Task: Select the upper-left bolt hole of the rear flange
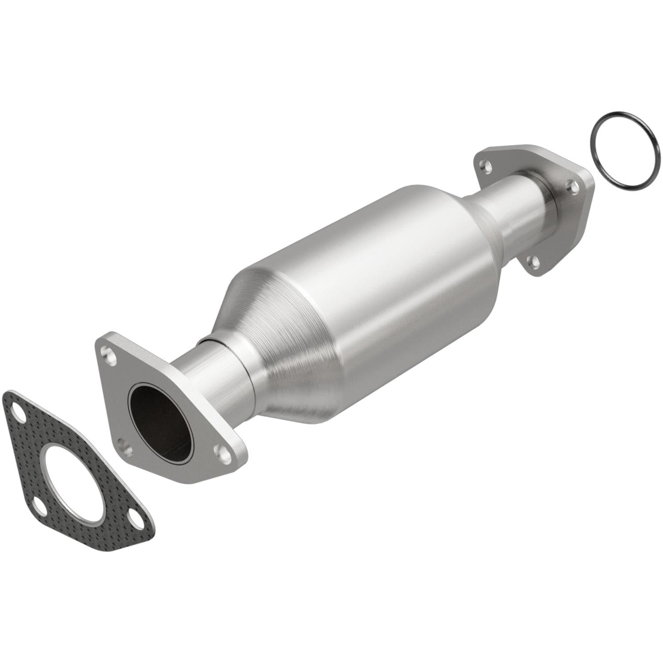[x=486, y=168]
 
